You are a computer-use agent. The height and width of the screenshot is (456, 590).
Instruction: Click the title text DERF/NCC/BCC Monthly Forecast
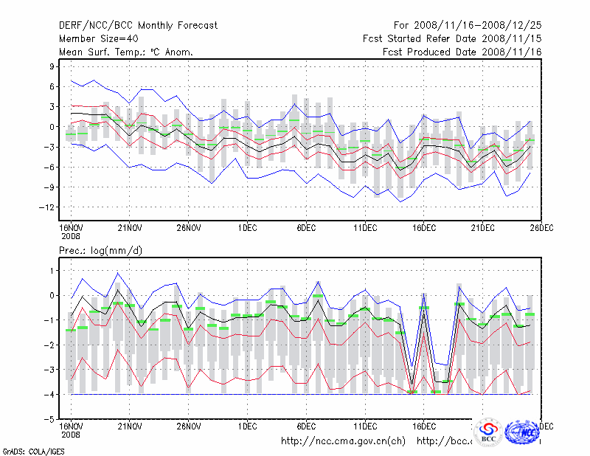(138, 25)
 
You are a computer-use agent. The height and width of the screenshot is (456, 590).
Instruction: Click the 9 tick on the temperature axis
(52, 66)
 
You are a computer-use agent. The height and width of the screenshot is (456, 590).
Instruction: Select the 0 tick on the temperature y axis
(52, 127)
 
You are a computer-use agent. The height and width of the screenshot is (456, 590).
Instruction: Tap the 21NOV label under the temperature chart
(130, 228)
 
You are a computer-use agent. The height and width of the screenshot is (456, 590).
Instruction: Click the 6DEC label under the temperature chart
(306, 228)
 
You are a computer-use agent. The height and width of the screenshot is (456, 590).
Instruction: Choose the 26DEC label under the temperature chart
(541, 228)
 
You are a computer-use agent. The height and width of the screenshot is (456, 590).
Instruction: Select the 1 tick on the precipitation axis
(52, 271)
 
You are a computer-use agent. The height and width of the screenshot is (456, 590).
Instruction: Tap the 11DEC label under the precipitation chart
(365, 426)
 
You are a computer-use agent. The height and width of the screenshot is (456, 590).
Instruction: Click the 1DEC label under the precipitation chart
(247, 426)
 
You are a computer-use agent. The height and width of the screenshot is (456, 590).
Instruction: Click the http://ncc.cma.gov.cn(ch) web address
(344, 441)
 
